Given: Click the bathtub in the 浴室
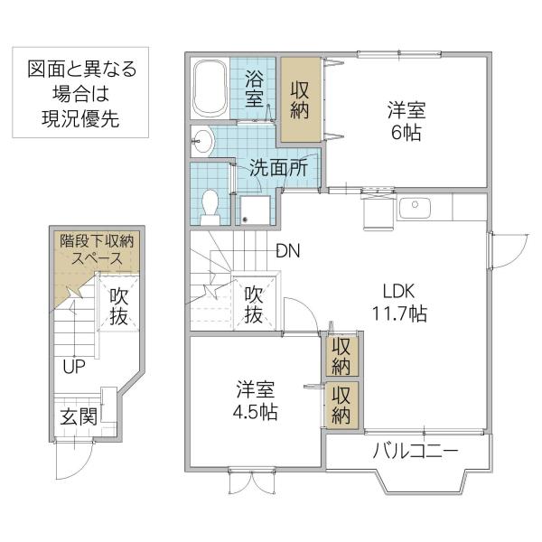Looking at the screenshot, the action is [x=210, y=89].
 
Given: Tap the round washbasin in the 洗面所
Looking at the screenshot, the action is [x=202, y=142].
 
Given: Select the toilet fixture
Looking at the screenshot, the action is [x=210, y=208].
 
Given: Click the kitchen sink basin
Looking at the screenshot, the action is [x=415, y=208].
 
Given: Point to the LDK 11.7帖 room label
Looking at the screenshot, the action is [x=399, y=303].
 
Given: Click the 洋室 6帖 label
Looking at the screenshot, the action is [x=406, y=121].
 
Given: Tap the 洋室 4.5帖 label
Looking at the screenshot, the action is [x=256, y=400].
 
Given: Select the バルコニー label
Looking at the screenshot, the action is [x=416, y=451].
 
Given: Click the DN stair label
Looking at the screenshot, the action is [x=288, y=251].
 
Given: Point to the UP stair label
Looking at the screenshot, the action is [x=74, y=367].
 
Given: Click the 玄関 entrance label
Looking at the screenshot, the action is [x=79, y=416].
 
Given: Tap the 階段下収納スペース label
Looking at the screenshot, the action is [x=97, y=249].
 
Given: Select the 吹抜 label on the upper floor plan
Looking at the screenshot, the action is [x=254, y=305].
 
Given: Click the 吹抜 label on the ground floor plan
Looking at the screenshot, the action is [x=119, y=306].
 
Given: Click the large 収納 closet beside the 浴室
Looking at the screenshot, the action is [x=301, y=99].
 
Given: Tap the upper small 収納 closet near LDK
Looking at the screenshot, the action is [x=341, y=356].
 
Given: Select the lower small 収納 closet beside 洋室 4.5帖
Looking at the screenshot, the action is [x=341, y=405].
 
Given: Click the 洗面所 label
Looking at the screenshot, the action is [x=278, y=168].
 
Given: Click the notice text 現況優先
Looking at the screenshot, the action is [x=80, y=118].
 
